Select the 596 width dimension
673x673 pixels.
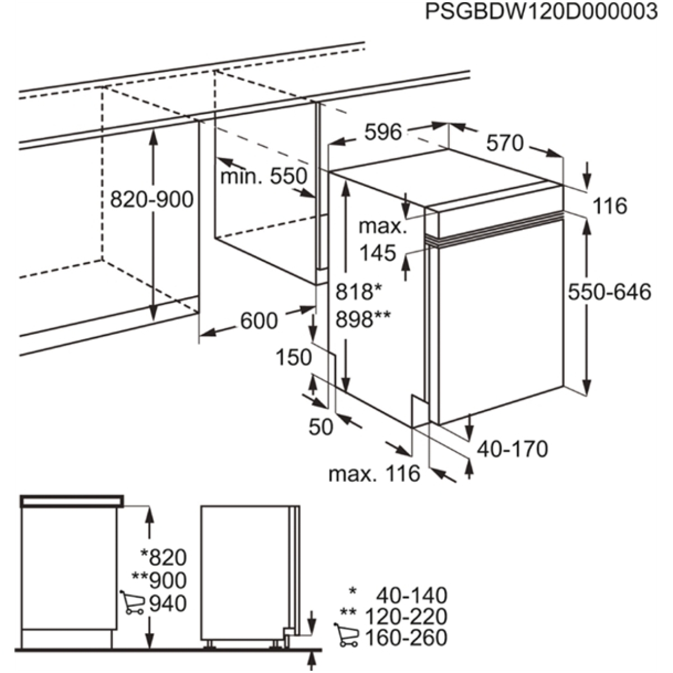pos(383,132)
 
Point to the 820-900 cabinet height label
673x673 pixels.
pos(151,199)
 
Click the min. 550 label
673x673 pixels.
pos(264,177)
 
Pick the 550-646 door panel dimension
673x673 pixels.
pos(610,292)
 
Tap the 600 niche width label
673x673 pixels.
pos(259,321)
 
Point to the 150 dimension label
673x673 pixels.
pos(293,357)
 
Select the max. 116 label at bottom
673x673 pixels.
pos(374,474)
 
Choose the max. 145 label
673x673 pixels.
pos(383,240)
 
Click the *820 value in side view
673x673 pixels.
pos(163,557)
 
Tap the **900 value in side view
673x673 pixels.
pos(159,580)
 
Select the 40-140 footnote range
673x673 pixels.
pos(412,594)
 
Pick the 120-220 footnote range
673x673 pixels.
pos(406,616)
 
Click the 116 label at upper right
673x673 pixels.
pos(610,206)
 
